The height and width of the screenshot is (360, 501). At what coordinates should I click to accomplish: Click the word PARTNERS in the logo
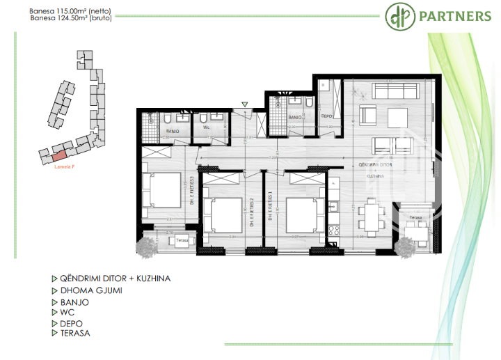[454, 16]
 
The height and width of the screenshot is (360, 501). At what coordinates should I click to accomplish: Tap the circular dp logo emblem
[399, 16]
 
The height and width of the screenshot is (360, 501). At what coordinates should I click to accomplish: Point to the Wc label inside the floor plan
[207, 127]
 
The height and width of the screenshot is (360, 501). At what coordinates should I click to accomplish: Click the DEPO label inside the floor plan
[326, 116]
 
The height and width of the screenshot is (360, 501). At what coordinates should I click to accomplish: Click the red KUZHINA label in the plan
[376, 176]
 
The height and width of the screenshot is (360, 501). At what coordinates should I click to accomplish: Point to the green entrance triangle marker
[244, 104]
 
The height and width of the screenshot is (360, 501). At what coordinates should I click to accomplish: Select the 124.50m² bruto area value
[70, 18]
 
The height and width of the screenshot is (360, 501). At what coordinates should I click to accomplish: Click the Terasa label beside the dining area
[415, 217]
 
